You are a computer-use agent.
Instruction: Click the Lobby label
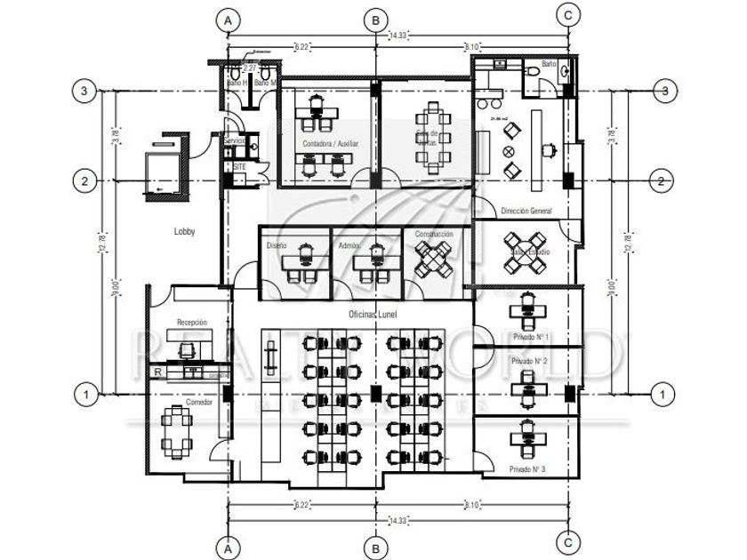pos(185,231)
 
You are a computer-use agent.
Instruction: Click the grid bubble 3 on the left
pos(84,91)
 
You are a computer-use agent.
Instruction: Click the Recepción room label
pos(192,322)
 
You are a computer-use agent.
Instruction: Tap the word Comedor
pos(199,404)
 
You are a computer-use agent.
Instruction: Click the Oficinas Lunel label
pos(373,315)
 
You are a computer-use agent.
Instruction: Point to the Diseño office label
pos(277,244)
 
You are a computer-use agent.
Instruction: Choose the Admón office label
pos(349,244)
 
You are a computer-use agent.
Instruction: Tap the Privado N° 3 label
pos(527,468)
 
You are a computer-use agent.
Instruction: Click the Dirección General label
pos(526,211)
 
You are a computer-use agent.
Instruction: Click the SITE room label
pos(240,166)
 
